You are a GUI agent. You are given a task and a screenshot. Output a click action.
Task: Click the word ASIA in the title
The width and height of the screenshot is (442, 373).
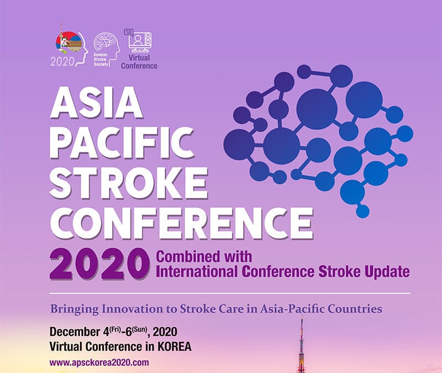click(x=96, y=102)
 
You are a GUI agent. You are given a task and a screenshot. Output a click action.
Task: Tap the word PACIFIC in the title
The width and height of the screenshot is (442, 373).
click(x=122, y=143)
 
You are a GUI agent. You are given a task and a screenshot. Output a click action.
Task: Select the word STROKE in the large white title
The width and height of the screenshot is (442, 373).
click(x=129, y=183)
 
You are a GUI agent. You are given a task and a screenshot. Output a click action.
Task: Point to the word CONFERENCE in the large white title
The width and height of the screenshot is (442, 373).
click(x=182, y=223)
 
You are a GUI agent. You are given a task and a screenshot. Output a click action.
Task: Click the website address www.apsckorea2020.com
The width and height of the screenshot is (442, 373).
click(x=99, y=362)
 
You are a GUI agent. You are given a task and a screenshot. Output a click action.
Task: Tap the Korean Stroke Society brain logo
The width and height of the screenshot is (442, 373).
click(x=106, y=50)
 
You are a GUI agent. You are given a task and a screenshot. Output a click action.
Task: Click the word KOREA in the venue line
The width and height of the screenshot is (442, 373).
click(x=174, y=346)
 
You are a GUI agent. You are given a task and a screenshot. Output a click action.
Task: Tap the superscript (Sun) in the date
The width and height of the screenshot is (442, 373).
click(x=140, y=329)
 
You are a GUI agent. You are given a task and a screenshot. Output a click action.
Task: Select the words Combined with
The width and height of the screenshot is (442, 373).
click(x=204, y=256)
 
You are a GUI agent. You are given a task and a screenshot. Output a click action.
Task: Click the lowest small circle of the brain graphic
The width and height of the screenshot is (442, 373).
click(x=362, y=211)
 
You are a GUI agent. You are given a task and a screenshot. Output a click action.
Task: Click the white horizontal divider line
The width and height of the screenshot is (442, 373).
click(x=230, y=293)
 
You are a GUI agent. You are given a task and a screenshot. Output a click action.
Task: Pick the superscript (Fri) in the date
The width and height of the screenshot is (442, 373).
click(x=115, y=329)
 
